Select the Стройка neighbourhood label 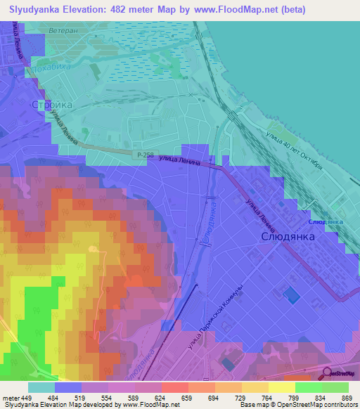pyautogui.click(x=52, y=105)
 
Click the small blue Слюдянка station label pyautogui.click(x=326, y=222)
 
